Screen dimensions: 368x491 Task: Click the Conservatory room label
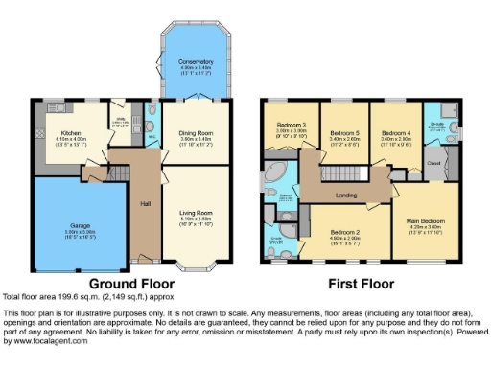pyautogui.click(x=195, y=61)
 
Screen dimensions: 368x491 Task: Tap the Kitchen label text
pyautogui.click(x=71, y=133)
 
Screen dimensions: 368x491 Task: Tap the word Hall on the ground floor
pyautogui.click(x=144, y=203)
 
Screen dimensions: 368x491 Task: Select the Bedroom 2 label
pyautogui.click(x=345, y=231)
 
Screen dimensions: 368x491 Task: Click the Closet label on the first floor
pyautogui.click(x=432, y=164)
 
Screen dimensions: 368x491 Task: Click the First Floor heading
pyautogui.click(x=362, y=285)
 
